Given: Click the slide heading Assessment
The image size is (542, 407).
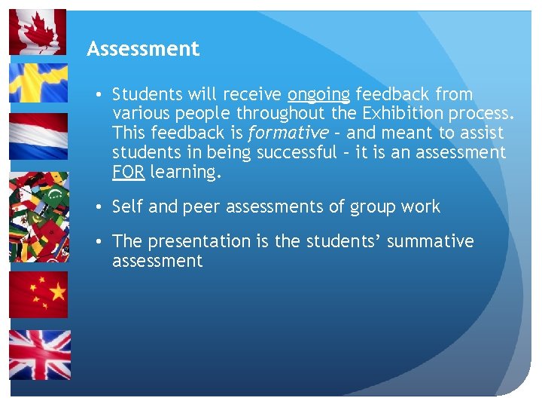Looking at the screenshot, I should click(143, 50).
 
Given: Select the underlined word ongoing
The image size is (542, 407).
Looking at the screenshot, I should click(318, 95).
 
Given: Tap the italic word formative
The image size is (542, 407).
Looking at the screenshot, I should click(288, 133).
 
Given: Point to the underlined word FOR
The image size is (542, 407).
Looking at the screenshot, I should click(129, 172).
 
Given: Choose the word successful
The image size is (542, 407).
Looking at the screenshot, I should click(297, 153).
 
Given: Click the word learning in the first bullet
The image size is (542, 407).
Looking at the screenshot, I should click(183, 173).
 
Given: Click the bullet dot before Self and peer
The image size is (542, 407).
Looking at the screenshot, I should click(99, 207).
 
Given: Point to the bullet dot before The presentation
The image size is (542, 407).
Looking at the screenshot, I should click(99, 242).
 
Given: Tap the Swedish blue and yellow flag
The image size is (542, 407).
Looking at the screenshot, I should click(38, 82).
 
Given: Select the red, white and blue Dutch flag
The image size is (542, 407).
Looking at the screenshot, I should click(38, 136).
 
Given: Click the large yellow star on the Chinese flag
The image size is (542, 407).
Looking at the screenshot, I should click(26, 287).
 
